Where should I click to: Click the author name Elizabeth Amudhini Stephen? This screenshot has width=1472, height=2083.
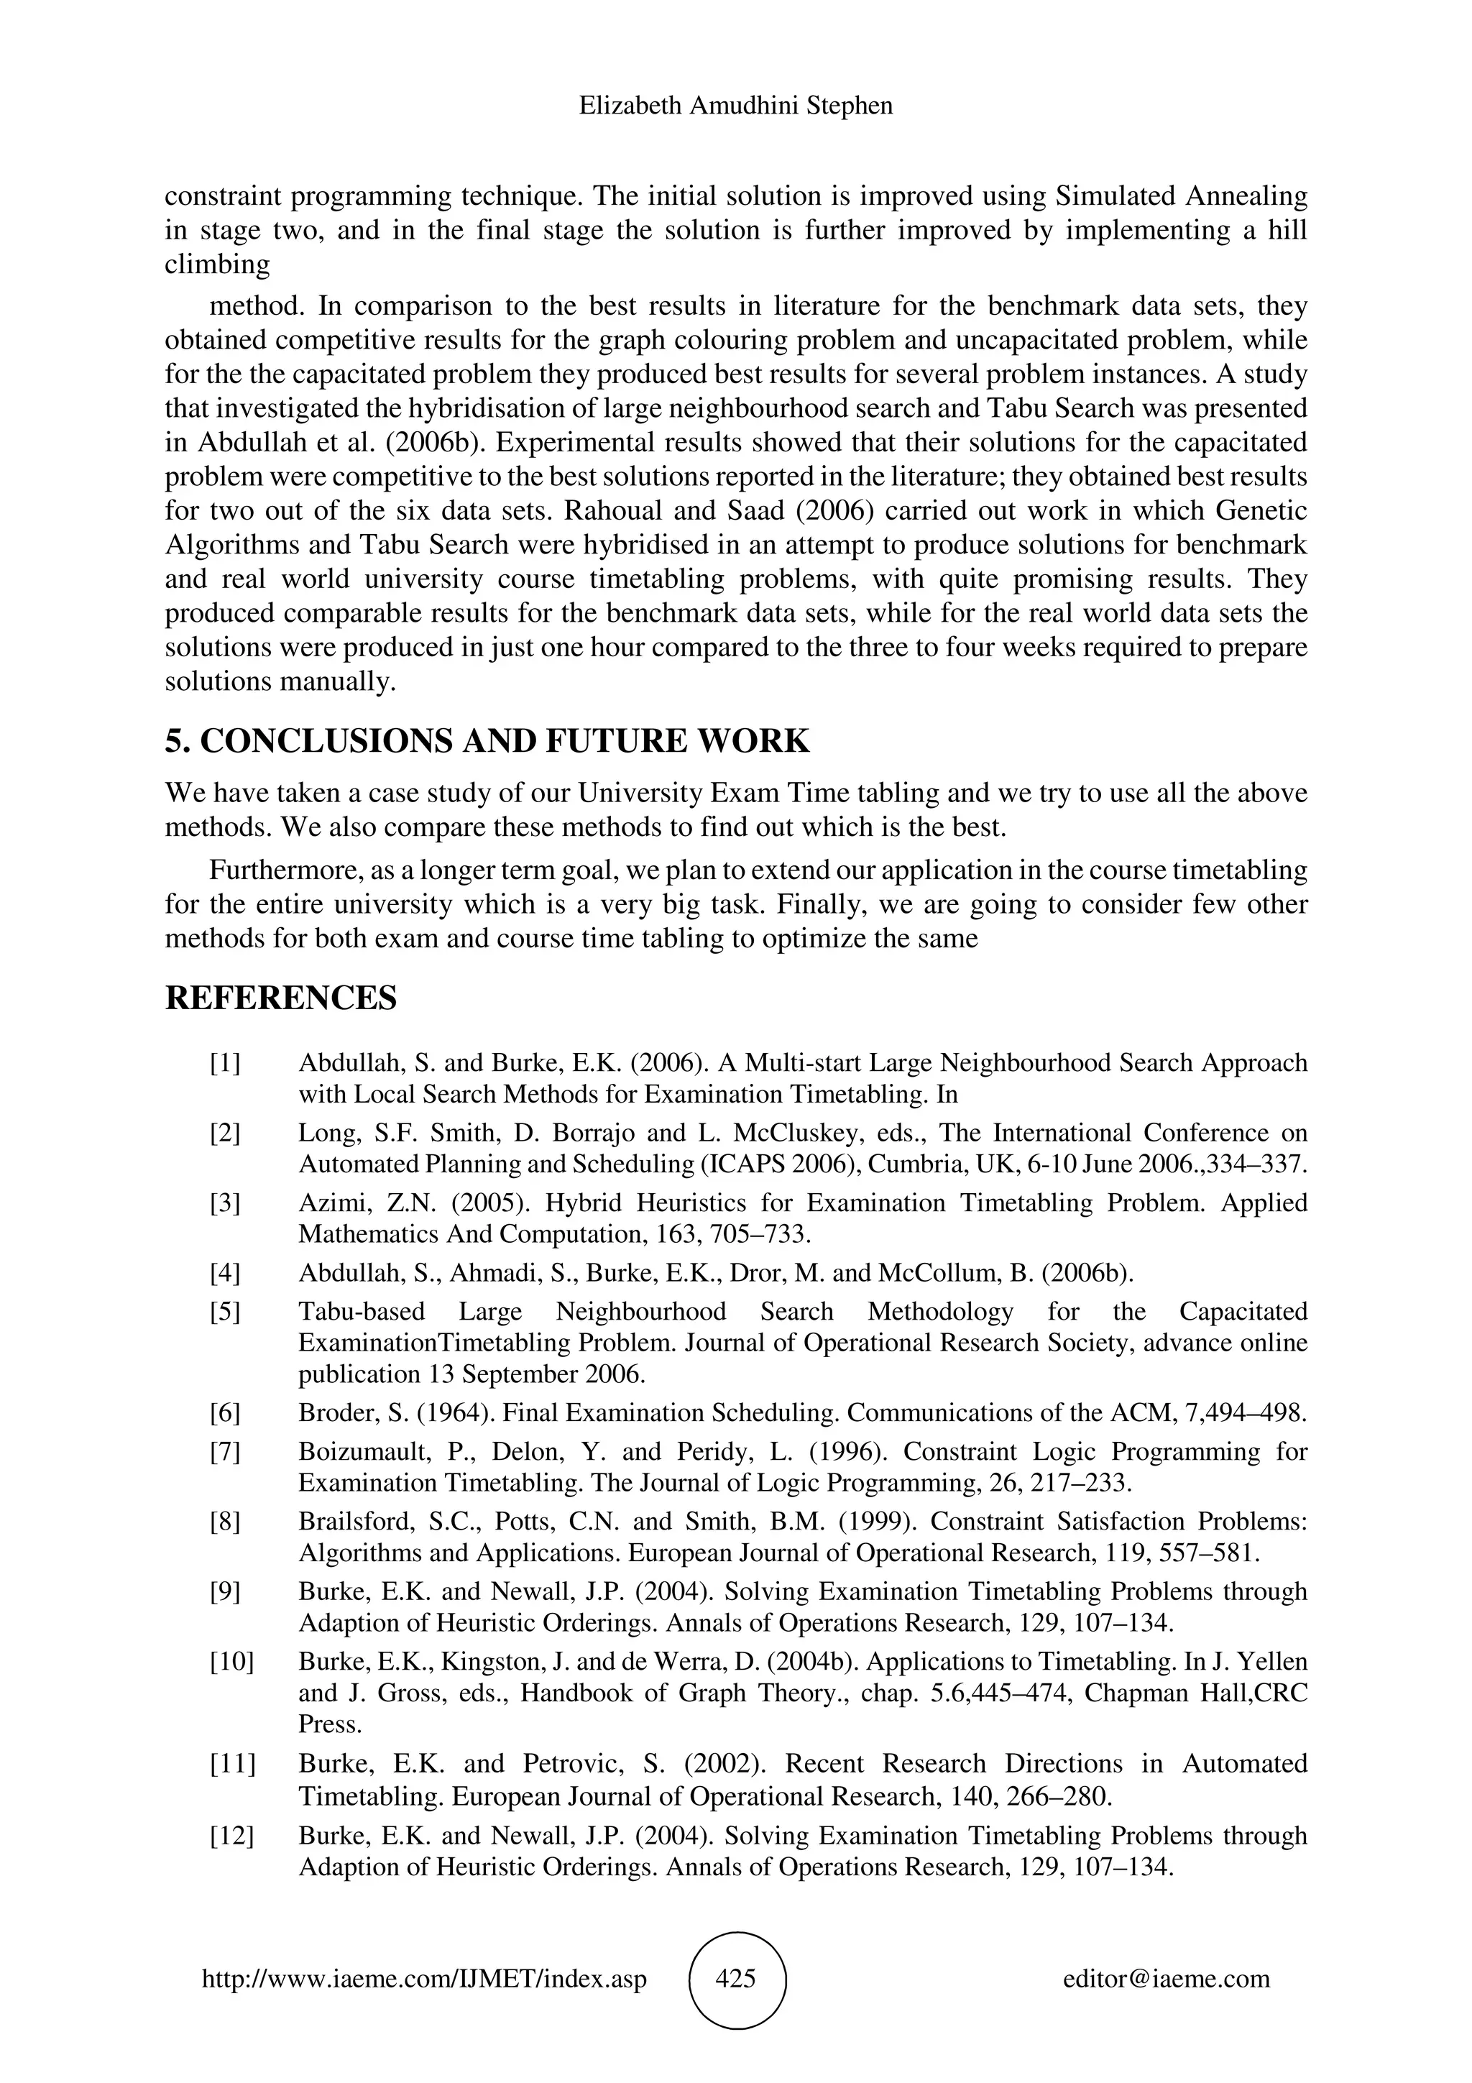pos(735,106)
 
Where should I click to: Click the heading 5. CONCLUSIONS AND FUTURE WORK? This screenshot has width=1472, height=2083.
pos(487,741)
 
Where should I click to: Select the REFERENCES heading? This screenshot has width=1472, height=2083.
pos(280,998)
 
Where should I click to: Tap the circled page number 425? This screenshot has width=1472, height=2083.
pos(737,1979)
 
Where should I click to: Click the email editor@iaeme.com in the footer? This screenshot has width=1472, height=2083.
pos(1167,1979)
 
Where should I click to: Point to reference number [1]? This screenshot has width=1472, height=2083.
pos(226,1062)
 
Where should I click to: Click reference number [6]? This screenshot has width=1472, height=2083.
pos(226,1412)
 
